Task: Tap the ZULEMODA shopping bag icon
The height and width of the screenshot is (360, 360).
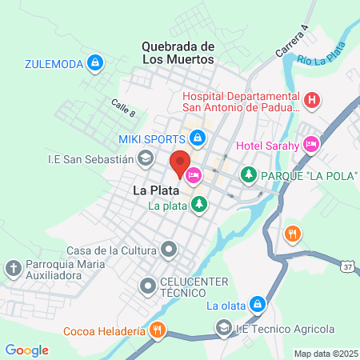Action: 95,62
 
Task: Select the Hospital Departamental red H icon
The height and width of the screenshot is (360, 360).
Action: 312,100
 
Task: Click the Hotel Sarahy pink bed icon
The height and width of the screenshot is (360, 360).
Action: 310,145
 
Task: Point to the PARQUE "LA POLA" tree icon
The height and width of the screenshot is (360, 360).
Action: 249,174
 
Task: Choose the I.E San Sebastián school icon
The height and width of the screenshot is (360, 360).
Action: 145,158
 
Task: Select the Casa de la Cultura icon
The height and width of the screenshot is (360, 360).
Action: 169,250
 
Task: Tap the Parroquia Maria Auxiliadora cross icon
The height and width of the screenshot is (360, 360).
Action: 14,268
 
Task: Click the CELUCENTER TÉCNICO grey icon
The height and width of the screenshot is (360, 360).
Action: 148,285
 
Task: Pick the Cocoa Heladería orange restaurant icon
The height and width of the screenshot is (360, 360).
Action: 158,330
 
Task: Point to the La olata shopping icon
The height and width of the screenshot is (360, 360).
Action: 257,304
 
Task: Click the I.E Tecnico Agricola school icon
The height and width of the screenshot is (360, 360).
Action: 222,328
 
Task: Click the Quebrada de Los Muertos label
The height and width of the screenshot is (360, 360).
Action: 178,53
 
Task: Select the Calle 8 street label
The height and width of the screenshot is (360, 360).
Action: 123,107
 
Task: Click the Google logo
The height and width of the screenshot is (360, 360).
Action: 26,350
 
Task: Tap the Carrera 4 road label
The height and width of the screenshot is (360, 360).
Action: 293,40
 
